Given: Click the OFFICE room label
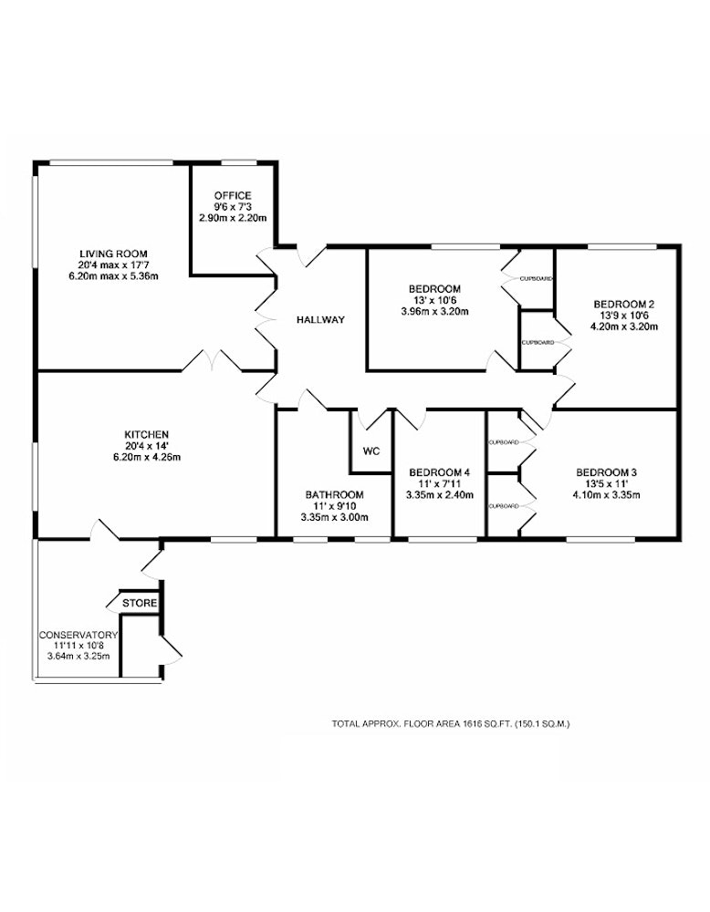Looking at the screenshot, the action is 233,195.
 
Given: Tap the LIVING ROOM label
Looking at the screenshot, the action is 113,254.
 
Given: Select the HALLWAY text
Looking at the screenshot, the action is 320,319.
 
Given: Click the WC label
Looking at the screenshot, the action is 371,451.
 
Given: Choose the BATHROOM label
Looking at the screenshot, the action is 335,494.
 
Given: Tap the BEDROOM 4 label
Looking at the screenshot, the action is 439,472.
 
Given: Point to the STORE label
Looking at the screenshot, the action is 140,603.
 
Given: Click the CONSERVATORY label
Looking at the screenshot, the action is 78,635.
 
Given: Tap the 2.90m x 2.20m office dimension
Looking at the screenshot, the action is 233,218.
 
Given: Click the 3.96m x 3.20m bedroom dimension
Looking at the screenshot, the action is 434,311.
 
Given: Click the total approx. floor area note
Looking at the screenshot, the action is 451,724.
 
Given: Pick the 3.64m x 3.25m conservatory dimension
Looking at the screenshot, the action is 78,657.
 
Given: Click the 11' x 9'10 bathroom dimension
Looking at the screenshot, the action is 335,506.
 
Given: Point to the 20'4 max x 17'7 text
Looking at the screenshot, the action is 113,264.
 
